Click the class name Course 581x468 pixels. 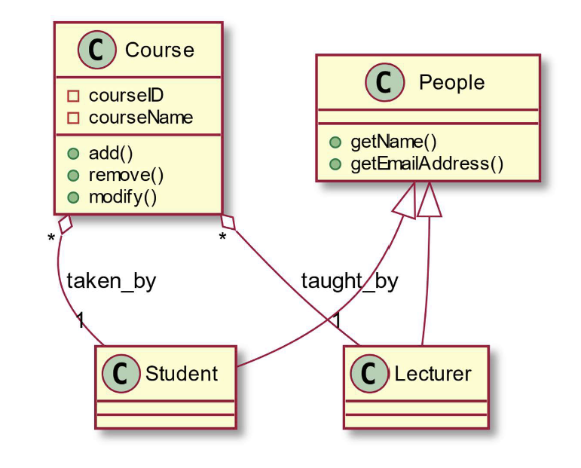pos(159,50)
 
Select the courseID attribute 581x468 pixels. pos(126,96)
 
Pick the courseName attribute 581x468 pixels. pos(140,118)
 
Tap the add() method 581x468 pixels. pos(111,154)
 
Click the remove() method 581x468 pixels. pos(126,176)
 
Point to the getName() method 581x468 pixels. pos(393,142)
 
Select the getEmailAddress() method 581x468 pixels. pos(427,164)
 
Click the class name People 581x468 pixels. pos(451,82)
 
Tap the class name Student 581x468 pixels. pos(181,373)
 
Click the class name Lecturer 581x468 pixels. pos(433,373)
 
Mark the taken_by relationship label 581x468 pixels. pos(112,282)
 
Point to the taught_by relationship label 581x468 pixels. pos(349,282)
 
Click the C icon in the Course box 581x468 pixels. pos(97,50)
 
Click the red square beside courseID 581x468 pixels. pos(74,96)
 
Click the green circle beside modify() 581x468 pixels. pos(74,197)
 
